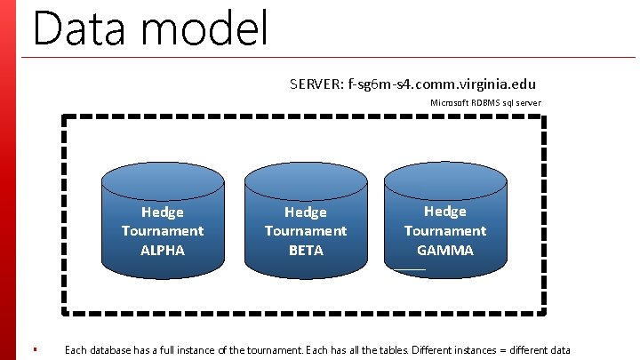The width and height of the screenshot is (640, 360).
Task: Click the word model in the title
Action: (x=204, y=28)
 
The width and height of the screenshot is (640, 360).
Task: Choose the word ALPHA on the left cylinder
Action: (x=163, y=250)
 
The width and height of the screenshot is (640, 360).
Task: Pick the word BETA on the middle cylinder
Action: (x=306, y=250)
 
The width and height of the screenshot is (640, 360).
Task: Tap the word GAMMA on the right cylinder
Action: (x=445, y=250)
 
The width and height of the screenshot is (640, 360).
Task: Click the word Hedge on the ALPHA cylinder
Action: (x=163, y=212)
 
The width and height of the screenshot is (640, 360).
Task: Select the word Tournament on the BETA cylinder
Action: (x=306, y=231)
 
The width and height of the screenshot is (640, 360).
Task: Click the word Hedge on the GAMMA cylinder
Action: (x=445, y=211)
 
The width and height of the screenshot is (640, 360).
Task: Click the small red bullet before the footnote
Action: (x=34, y=349)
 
